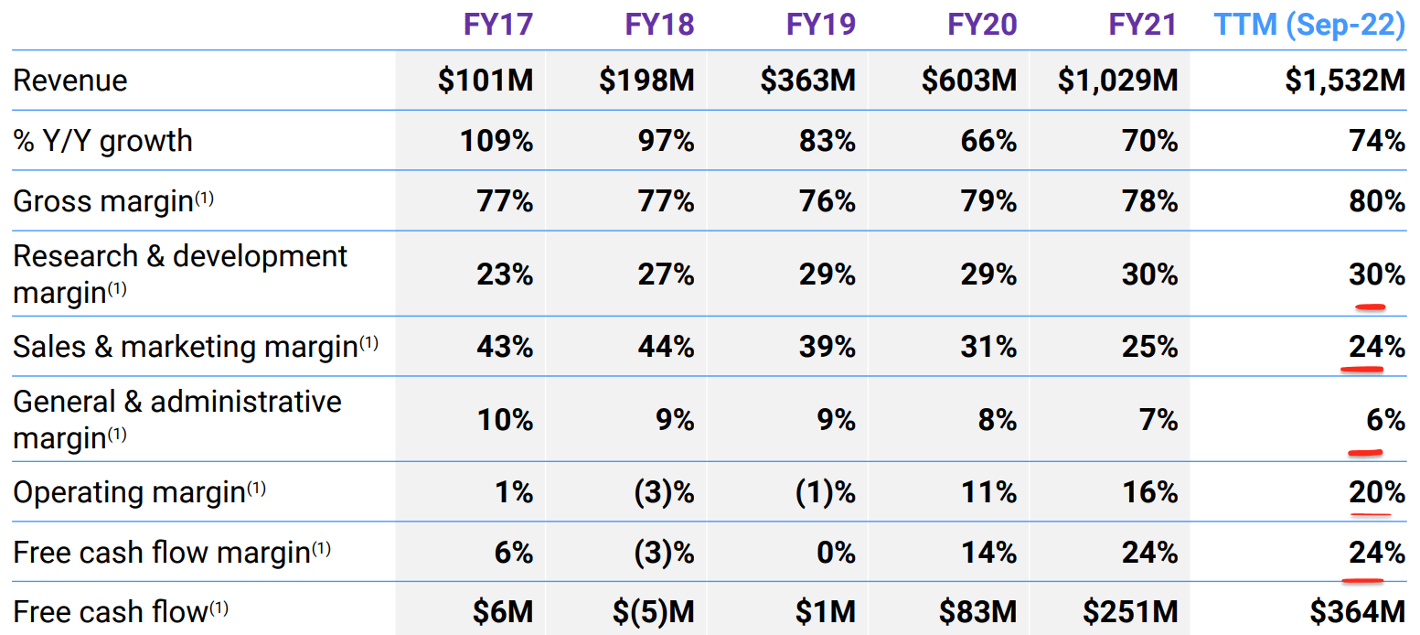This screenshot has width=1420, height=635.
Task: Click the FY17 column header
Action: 497,25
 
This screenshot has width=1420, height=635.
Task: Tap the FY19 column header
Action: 821,25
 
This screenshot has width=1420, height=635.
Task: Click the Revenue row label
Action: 70,81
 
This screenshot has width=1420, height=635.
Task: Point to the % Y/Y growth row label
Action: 102,141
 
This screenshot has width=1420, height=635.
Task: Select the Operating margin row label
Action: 129,492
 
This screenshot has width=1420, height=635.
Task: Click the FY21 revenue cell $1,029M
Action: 1117,81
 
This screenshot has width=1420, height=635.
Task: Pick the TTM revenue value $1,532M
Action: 1344,81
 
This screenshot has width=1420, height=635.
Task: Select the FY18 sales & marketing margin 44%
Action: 666,347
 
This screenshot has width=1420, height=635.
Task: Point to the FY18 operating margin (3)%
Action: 664,492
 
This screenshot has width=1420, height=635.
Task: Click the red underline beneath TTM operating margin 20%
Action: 1370,514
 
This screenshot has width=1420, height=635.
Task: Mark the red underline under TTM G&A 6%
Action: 1364,451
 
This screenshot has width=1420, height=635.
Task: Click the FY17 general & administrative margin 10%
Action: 505,420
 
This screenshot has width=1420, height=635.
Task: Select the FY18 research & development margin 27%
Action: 666,274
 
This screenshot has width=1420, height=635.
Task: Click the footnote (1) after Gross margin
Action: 203,196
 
